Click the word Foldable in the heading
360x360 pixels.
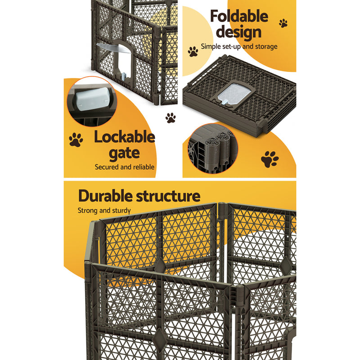(x=238, y=17)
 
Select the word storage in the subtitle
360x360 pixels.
(x=265, y=46)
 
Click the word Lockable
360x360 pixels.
(x=124, y=137)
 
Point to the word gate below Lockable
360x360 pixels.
(x=124, y=153)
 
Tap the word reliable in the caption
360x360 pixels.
(x=143, y=167)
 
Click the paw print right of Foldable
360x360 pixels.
(x=283, y=23)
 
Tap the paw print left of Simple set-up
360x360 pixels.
(x=193, y=51)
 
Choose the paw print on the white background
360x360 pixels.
(x=171, y=118)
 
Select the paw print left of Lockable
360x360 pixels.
(x=76, y=139)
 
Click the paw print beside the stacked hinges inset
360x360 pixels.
(x=270, y=159)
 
